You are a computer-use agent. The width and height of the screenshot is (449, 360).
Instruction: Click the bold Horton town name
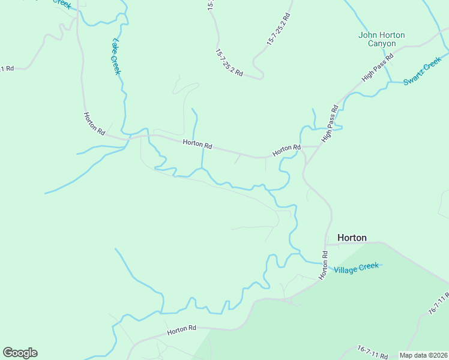[352, 238]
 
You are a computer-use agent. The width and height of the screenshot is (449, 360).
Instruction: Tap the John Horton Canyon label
[381, 40]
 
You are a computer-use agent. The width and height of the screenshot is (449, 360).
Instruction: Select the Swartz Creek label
[422, 71]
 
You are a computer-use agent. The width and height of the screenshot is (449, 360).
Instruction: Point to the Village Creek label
[357, 267]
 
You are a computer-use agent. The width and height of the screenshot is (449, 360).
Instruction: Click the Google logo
[20, 353]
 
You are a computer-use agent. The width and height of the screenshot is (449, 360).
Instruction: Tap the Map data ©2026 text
[424, 355]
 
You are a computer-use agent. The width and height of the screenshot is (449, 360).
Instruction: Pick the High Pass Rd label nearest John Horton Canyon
[378, 68]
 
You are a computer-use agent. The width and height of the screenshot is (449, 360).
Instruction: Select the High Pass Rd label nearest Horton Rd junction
[330, 124]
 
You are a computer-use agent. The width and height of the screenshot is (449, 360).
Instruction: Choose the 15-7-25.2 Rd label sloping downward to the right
[228, 63]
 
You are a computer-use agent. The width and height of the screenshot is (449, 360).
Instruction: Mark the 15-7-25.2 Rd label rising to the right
[279, 29]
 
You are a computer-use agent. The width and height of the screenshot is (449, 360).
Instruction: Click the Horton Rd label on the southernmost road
[182, 329]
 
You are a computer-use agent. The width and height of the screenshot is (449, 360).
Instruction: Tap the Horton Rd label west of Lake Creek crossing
[95, 123]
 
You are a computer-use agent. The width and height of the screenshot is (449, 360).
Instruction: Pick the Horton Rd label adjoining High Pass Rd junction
[286, 151]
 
